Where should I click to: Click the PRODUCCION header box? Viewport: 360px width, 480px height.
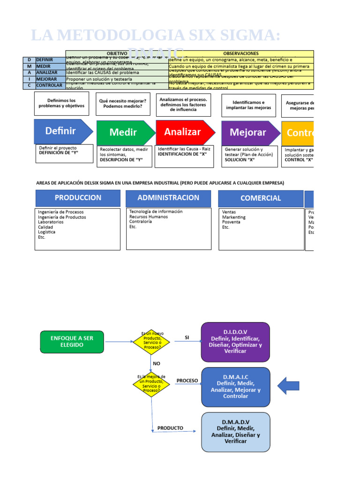tap(78, 198)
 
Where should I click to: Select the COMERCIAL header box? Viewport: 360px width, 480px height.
tap(261, 198)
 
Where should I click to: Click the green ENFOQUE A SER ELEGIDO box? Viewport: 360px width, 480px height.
tap(72, 342)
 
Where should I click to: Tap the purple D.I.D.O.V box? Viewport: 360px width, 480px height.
tap(235, 342)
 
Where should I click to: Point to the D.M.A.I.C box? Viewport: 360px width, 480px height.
tap(235, 386)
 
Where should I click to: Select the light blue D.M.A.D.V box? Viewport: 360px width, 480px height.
tap(235, 432)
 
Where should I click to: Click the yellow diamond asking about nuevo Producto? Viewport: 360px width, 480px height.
tap(151, 342)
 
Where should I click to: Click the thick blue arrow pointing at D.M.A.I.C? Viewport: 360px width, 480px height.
tap(288, 386)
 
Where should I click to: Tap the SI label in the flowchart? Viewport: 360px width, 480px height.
tap(187, 337)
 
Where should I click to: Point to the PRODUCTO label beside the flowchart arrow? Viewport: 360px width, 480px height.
tap(170, 428)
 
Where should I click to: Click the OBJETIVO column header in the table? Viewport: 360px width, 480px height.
tap(117, 53)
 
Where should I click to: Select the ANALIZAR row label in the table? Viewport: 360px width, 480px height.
tap(46, 73)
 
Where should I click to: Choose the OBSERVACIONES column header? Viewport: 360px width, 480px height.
tap(241, 53)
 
